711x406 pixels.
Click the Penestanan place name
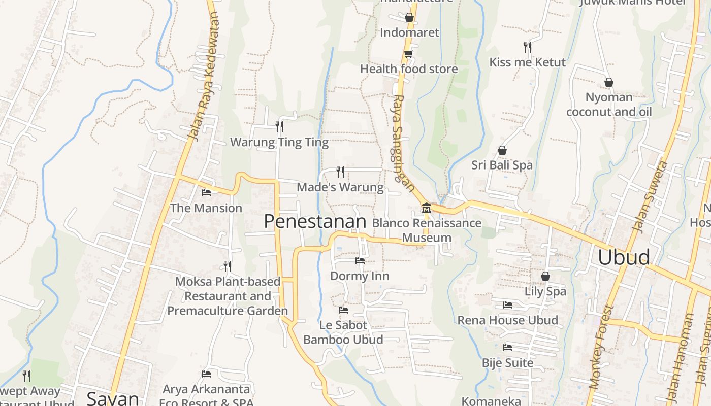[x=315, y=221]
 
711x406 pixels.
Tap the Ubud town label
[x=624, y=257]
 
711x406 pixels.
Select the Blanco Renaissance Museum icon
[x=426, y=208]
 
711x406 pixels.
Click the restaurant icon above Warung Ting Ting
[x=279, y=126]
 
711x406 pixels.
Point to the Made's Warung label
[x=340, y=187]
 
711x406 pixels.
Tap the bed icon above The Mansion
[x=206, y=193]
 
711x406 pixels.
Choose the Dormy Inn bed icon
[x=360, y=261]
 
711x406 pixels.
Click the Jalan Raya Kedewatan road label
[x=204, y=76]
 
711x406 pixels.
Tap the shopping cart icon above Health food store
[x=408, y=54]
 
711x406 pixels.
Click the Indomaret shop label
[x=409, y=32]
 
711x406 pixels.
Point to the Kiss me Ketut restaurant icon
[x=527, y=47]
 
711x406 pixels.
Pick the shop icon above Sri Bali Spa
[x=502, y=150]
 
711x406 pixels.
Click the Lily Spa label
[x=545, y=291]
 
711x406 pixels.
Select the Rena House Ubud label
[x=507, y=320]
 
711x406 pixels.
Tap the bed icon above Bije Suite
[x=507, y=348]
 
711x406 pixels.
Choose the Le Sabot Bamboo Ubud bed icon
[x=343, y=310]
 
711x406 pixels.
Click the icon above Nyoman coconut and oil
[x=608, y=82]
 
